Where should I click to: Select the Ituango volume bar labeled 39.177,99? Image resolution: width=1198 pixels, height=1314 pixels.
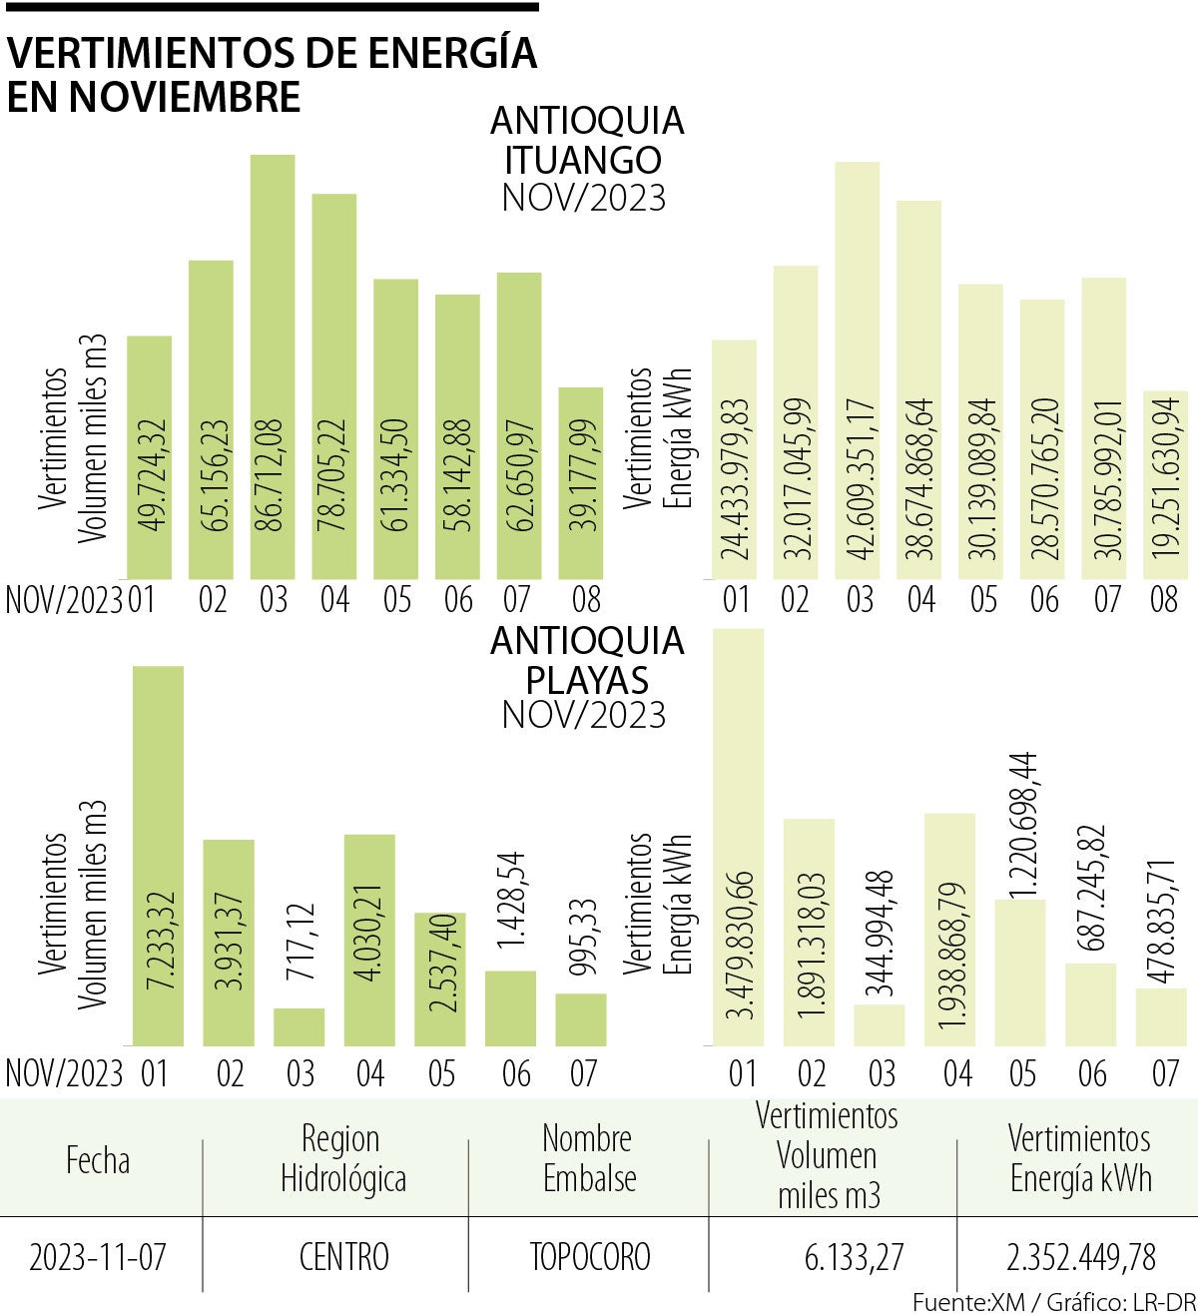(580, 483)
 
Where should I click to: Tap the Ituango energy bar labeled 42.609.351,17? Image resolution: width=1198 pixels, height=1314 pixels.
(857, 370)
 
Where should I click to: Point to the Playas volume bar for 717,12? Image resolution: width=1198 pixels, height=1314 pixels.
(299, 1027)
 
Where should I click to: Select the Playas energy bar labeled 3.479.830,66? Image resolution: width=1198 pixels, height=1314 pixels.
(739, 838)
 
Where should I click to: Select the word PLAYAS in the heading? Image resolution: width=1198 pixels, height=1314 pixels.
(587, 680)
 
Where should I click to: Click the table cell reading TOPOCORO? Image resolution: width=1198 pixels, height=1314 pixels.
(589, 1255)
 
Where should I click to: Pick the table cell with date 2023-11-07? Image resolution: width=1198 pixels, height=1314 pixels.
(98, 1255)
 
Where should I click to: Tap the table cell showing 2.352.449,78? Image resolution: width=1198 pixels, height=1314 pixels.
(1080, 1255)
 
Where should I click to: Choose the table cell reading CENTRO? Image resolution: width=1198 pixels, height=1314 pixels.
(343, 1255)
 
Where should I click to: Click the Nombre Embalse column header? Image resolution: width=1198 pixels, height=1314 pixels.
(588, 1158)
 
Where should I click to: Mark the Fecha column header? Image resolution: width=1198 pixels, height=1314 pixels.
(98, 1160)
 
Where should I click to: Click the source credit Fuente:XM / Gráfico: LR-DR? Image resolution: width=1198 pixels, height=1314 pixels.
(1053, 1301)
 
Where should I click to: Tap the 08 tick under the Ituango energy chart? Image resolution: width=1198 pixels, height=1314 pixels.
(1164, 600)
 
